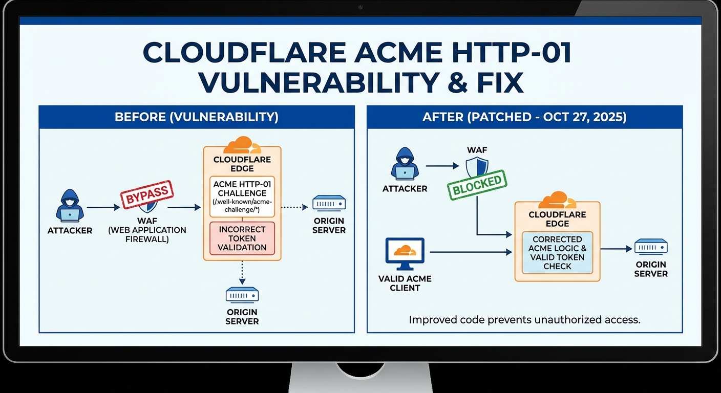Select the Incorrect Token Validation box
click(242, 238)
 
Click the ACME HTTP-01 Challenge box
click(242, 197)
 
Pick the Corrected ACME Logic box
click(557, 253)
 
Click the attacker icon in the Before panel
click(70, 206)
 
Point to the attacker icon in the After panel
click(405, 164)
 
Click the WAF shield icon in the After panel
click(477, 167)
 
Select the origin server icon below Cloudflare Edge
click(242, 295)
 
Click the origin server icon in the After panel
click(651, 247)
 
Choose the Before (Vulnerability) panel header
click(197, 117)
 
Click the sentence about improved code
click(524, 320)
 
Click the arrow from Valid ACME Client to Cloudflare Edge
click(471, 252)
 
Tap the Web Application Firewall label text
click(147, 234)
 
